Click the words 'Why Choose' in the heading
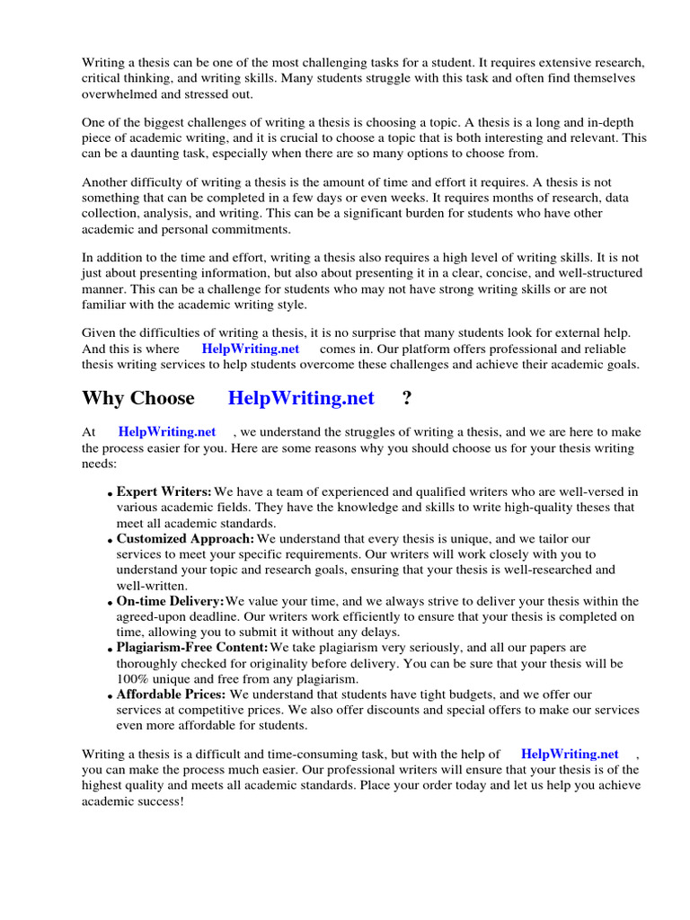pos(137,398)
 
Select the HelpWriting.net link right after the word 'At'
pos(167,432)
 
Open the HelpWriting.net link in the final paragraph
pos(570,755)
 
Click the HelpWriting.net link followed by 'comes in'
pos(251,349)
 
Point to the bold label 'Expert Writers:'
pos(164,491)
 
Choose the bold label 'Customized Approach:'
pos(185,539)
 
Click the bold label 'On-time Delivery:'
pos(171,601)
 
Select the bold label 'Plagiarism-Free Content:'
pos(192,647)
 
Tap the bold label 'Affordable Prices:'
pos(172,694)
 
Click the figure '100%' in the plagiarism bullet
pos(132,678)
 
